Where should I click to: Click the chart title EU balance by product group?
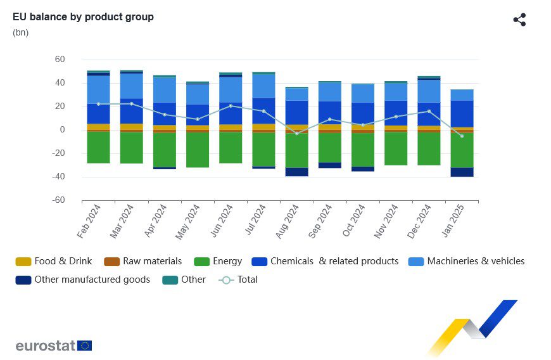click(83, 17)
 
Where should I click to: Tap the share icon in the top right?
click(519, 20)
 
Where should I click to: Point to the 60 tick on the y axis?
click(60, 60)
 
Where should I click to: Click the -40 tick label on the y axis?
click(58, 177)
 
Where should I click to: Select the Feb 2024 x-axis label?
click(89, 221)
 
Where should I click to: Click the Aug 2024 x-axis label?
click(288, 221)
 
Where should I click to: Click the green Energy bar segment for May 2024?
click(198, 150)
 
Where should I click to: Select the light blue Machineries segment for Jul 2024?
click(263, 86)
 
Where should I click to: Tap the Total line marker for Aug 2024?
click(296, 133)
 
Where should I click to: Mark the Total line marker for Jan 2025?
click(462, 136)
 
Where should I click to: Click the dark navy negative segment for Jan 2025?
click(462, 172)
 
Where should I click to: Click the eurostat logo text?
click(46, 345)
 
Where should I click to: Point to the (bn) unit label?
click(20, 32)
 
